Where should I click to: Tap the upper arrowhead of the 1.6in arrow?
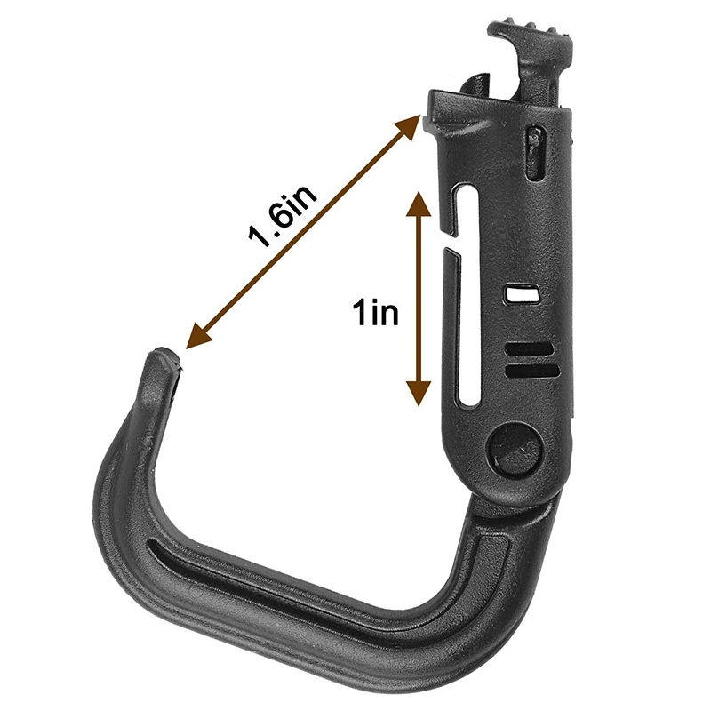[x=406, y=128]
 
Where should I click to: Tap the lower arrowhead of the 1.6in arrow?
[x=199, y=335]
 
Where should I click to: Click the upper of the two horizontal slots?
[x=529, y=348]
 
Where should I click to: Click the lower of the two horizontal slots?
[x=531, y=371]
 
